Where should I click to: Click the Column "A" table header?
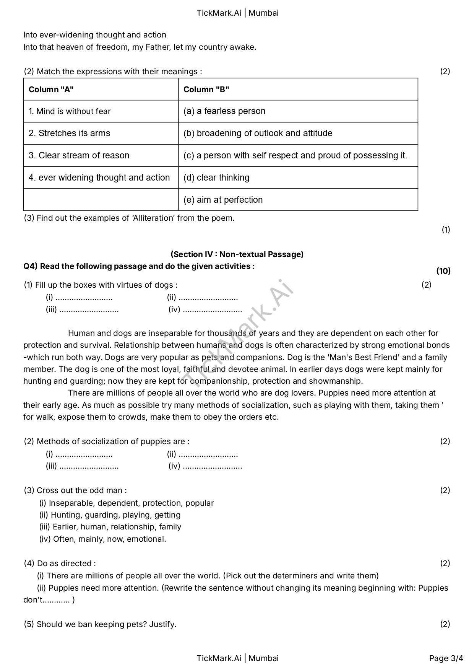(x=51, y=90)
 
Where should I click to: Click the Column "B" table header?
(x=206, y=90)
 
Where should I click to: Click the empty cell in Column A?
(x=101, y=200)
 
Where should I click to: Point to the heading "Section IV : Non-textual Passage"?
(x=237, y=254)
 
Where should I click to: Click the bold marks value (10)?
(x=443, y=271)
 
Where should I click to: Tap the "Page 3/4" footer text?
(x=446, y=658)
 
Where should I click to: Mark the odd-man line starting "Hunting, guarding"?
(x=115, y=515)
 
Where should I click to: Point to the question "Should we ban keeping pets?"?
(x=100, y=624)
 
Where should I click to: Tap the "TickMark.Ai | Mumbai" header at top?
(x=237, y=13)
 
